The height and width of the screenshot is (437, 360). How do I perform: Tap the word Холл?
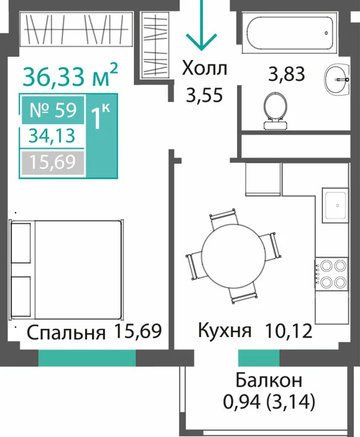204,69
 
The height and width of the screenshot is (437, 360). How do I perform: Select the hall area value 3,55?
204,95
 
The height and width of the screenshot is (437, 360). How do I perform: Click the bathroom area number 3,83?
287,74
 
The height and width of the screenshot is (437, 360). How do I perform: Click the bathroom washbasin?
337,79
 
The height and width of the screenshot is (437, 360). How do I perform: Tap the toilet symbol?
275,111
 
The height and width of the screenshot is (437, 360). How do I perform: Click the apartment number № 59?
53,110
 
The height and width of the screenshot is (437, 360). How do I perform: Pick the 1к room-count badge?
101,117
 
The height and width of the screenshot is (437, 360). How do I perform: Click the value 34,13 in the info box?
52,136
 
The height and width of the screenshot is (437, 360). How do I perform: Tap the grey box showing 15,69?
52,162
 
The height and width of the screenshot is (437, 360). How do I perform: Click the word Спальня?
66,333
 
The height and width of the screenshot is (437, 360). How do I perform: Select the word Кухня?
225,331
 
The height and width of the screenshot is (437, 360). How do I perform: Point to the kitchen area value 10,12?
288,331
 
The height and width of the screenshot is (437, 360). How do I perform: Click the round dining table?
233,256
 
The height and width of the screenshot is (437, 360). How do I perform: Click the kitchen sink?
335,206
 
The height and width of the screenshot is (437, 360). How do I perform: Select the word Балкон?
269,380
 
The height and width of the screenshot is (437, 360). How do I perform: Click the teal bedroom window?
87,358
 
